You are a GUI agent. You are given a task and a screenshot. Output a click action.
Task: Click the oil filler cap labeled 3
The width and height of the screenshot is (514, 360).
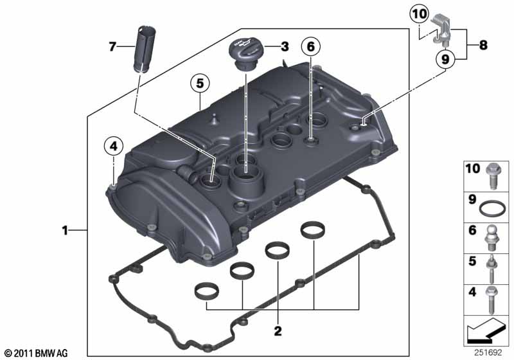pyautogui.click(x=246, y=53)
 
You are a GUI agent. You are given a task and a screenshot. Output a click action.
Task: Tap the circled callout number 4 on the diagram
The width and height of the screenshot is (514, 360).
pyautogui.click(x=114, y=146)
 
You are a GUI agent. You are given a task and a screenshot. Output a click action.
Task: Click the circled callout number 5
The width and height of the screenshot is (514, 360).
pyautogui.click(x=200, y=84)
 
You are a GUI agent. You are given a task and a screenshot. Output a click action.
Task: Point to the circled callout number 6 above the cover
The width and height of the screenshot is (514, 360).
pyautogui.click(x=310, y=47)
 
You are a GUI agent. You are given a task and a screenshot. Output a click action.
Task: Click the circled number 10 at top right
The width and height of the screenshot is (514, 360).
pyautogui.click(x=420, y=14)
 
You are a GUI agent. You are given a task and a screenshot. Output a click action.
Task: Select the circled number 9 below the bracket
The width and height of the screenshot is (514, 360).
pyautogui.click(x=445, y=59)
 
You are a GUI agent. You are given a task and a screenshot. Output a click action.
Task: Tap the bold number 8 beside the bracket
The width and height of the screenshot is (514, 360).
pyautogui.click(x=483, y=44)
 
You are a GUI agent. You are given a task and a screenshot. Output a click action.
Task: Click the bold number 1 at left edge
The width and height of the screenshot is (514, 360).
pyautogui.click(x=66, y=231)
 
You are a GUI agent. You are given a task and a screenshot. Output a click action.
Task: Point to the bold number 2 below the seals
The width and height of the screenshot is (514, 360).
pyautogui.click(x=278, y=331)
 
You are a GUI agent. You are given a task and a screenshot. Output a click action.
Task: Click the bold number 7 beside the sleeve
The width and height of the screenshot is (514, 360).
pyautogui.click(x=112, y=46)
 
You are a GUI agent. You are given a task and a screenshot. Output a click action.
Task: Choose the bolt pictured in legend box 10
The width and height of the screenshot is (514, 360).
pyautogui.click(x=492, y=176)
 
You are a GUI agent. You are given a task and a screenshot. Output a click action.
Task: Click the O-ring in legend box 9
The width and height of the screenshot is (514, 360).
pyautogui.click(x=492, y=208)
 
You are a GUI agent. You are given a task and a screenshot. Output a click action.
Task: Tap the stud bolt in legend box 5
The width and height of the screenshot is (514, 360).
pyautogui.click(x=492, y=269)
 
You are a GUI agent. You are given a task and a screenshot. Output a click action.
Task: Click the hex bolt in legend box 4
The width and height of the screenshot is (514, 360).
pyautogui.click(x=492, y=300)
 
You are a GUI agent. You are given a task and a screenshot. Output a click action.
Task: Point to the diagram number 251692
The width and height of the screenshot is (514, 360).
pyautogui.click(x=488, y=352)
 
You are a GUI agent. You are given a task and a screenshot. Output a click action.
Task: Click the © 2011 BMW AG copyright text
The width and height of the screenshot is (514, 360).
pyautogui.click(x=37, y=353)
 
